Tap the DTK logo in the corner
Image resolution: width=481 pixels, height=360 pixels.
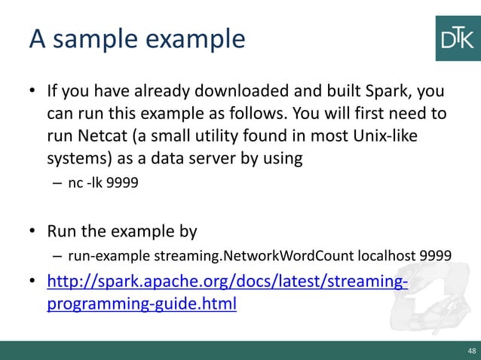457,38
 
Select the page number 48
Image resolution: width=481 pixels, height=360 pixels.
471,351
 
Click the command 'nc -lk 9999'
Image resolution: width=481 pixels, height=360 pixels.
95,182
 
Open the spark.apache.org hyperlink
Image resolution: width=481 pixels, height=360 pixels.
227,282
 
